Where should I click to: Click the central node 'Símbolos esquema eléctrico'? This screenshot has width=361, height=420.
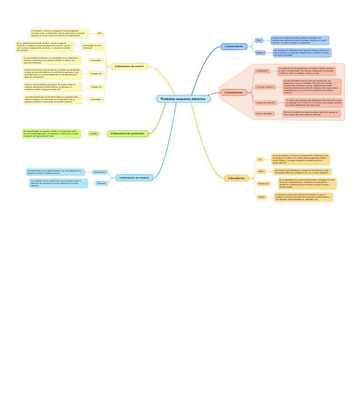pyautogui.click(x=183, y=99)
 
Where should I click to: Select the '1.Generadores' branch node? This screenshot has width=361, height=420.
pyautogui.click(x=234, y=46)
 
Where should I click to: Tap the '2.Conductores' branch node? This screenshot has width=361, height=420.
pyautogui.click(x=234, y=92)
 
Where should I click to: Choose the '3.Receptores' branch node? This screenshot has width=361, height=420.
pyautogui.click(x=236, y=178)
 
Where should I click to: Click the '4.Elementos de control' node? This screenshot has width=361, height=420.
pyautogui.click(x=129, y=66)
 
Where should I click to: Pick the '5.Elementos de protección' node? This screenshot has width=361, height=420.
pyautogui.click(x=127, y=134)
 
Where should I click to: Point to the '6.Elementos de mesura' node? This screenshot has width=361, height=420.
pyautogui.click(x=134, y=178)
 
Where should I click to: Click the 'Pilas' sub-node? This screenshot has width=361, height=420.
pyautogui.click(x=259, y=40)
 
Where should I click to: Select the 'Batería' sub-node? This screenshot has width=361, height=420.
pyautogui.click(x=260, y=53)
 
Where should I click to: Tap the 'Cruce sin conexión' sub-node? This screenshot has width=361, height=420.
pyautogui.click(x=265, y=87)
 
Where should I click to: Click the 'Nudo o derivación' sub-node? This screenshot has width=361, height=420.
pyautogui.click(x=264, y=113)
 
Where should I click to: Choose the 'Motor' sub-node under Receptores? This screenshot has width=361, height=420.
pyautogui.click(x=261, y=171)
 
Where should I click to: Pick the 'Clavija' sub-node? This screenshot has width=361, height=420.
pyautogui.click(x=261, y=197)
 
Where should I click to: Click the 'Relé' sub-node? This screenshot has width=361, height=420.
pyautogui.click(x=100, y=33)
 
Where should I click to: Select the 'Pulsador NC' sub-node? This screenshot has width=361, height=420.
pyautogui.click(x=96, y=74)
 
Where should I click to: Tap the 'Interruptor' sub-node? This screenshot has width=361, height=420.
pyautogui.click(x=96, y=99)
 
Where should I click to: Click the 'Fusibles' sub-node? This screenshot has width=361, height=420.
pyautogui.click(x=94, y=134)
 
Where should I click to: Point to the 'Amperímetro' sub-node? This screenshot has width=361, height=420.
pyautogui.click(x=100, y=172)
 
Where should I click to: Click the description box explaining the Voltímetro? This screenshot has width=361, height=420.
pyautogui.click(x=58, y=183)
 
